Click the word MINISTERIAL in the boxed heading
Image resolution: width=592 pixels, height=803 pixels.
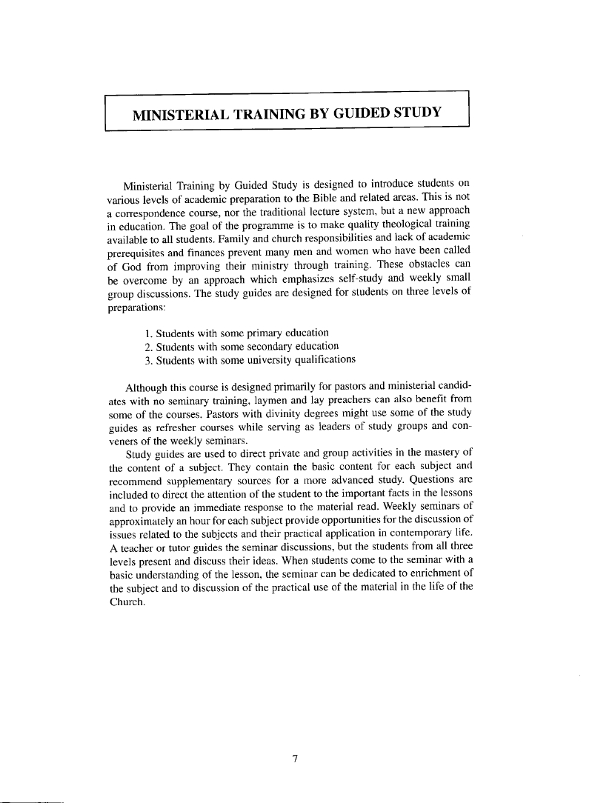tap(179, 113)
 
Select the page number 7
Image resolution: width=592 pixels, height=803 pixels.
tap(295, 759)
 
